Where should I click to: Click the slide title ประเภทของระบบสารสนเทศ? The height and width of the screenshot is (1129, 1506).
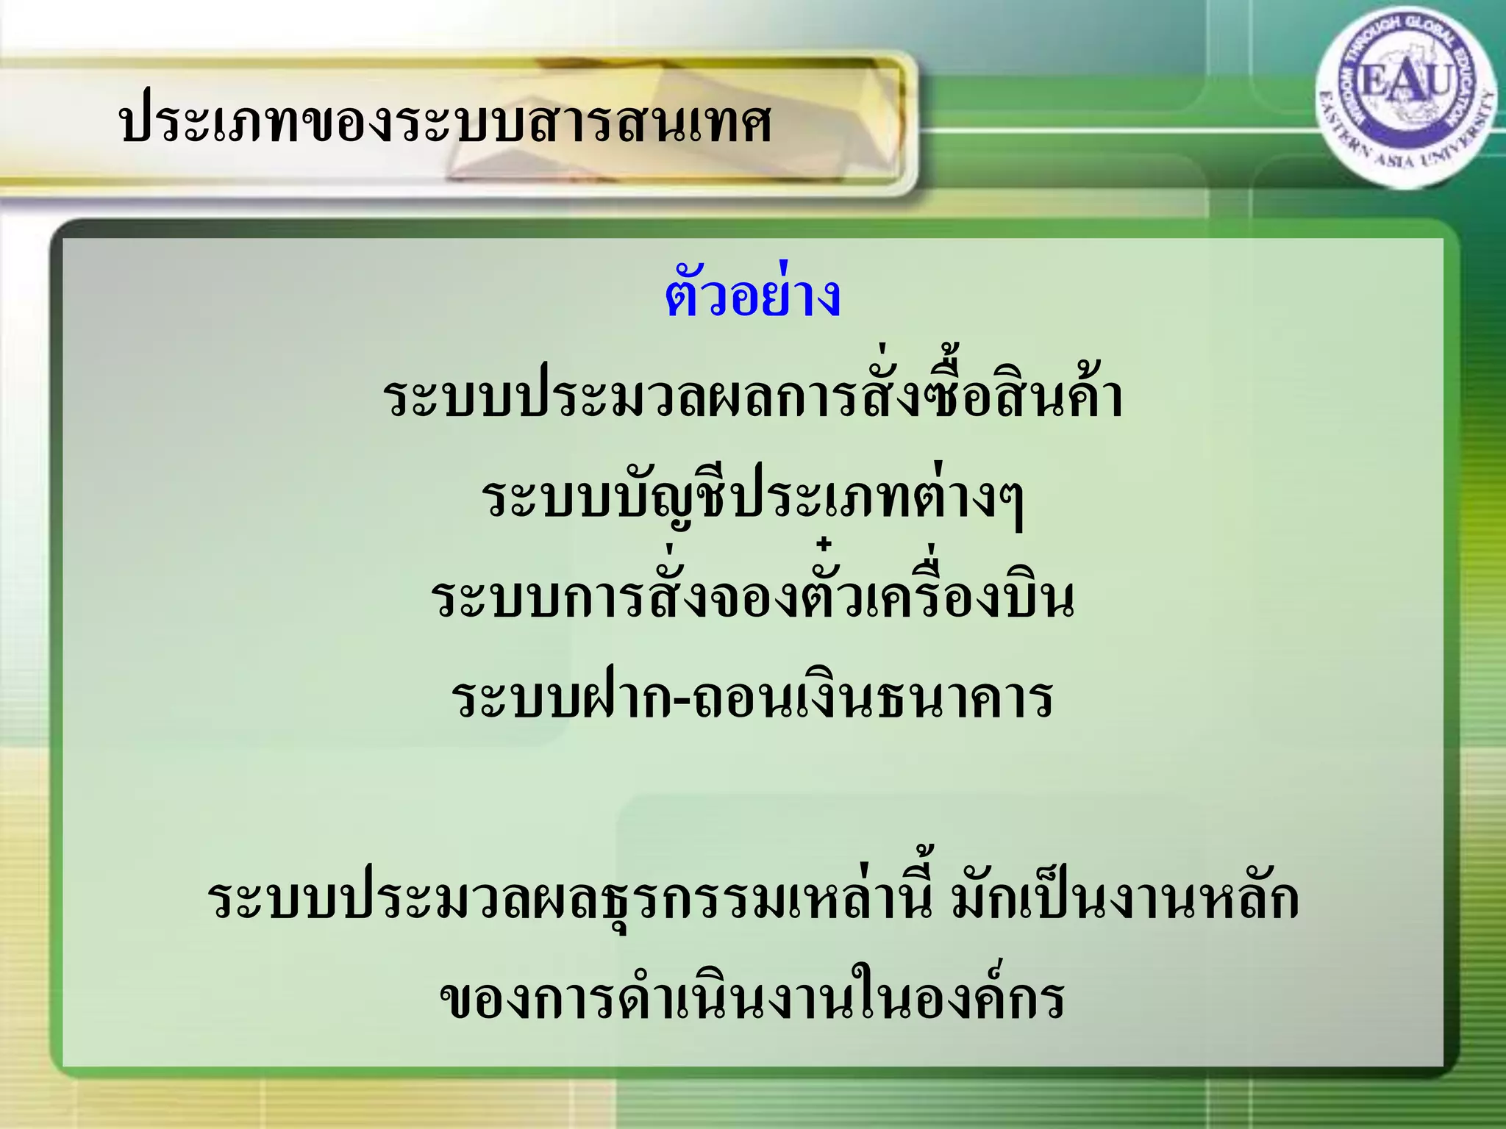[x=445, y=123]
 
